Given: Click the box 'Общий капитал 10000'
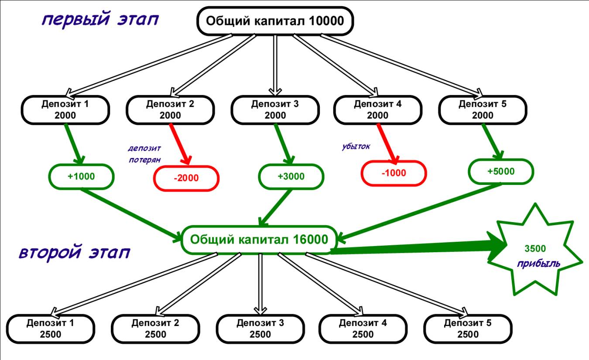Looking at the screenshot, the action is click(x=275, y=21).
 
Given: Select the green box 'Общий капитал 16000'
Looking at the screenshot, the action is click(x=259, y=240).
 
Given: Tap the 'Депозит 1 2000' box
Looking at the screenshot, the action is click(x=65, y=110).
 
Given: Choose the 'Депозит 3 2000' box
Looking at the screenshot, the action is click(x=275, y=110).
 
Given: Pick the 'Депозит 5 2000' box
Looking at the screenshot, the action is click(x=483, y=110).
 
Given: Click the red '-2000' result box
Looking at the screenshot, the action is click(x=186, y=178).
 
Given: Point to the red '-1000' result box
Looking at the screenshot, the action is click(x=394, y=173).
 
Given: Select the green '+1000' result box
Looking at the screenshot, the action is click(x=81, y=176).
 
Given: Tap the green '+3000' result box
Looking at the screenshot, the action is click(x=291, y=176).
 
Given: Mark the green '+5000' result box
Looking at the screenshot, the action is click(x=501, y=171).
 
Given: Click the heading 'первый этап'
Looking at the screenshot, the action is click(x=100, y=20).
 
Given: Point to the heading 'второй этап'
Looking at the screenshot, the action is click(x=75, y=253).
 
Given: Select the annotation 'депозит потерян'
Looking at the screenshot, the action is click(x=144, y=154).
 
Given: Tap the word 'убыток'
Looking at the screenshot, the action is click(x=356, y=146).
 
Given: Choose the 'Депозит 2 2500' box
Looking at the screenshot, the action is click(x=155, y=329).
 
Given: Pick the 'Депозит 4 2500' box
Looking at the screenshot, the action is click(x=363, y=329).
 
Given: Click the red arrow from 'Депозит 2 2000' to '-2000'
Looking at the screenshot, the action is click(x=180, y=144).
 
